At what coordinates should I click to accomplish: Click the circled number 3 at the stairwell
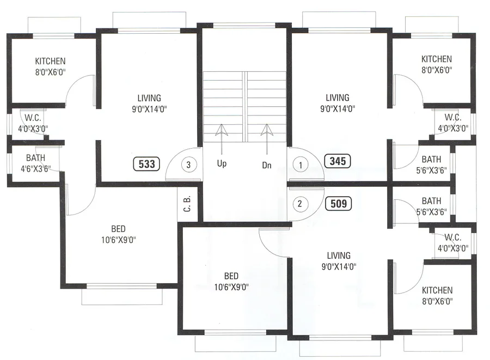[x=188, y=163]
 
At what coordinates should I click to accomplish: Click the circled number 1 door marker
[x=300, y=163]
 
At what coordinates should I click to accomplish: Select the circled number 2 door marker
[x=300, y=205]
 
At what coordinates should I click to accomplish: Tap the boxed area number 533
[x=146, y=163]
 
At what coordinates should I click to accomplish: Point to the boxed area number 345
[x=338, y=161]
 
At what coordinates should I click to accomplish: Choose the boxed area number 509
[x=338, y=204]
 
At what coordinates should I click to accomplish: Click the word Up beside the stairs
[x=221, y=163]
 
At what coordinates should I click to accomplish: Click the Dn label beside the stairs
[x=267, y=163]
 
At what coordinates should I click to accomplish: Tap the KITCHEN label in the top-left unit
[x=50, y=61]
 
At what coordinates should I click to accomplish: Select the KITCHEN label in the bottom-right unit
[x=437, y=291]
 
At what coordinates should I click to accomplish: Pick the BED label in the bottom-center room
[x=232, y=276]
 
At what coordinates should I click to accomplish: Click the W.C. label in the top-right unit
[x=452, y=118]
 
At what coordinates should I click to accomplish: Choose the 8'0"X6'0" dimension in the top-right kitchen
[x=437, y=70]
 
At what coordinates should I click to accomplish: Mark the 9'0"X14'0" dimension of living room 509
[x=339, y=266]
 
